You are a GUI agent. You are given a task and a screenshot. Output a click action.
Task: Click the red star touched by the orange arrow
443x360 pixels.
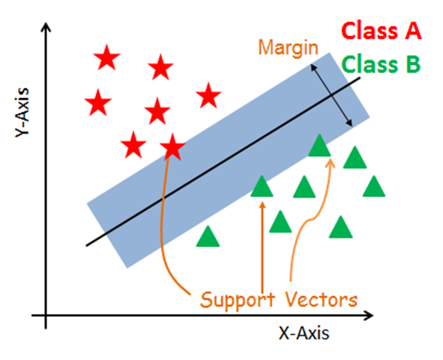click(172, 147)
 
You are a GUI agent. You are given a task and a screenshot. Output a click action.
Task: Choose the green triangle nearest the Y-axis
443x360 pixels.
click(208, 237)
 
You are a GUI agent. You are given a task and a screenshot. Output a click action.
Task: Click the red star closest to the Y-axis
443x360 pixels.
click(98, 104)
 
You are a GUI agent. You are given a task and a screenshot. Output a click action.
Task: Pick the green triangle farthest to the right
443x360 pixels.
click(374, 187)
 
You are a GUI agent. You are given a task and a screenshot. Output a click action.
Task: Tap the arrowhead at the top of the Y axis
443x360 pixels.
click(46, 28)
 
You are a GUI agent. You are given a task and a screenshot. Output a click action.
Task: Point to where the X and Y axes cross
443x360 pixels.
click(46, 316)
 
